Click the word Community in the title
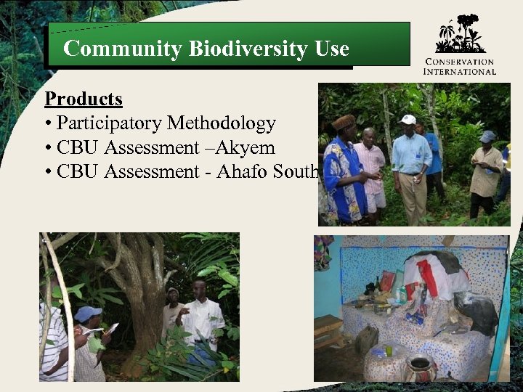(122, 49)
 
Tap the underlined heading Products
(84, 99)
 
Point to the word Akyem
(249, 147)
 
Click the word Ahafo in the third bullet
(242, 172)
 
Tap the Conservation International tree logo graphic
(459, 34)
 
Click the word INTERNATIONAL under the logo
(460, 71)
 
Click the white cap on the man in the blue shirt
(408, 119)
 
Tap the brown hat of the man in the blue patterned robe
(344, 121)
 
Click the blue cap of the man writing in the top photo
(487, 136)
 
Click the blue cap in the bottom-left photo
(88, 313)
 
